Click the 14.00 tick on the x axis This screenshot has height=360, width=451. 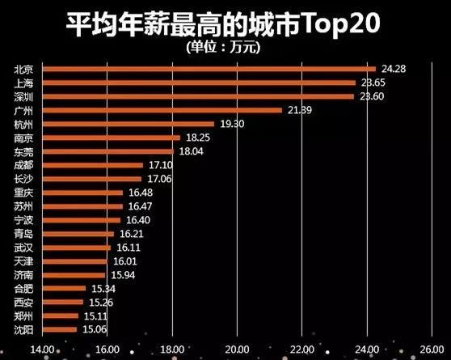(41, 349)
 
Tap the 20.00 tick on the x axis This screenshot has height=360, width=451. (237, 349)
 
